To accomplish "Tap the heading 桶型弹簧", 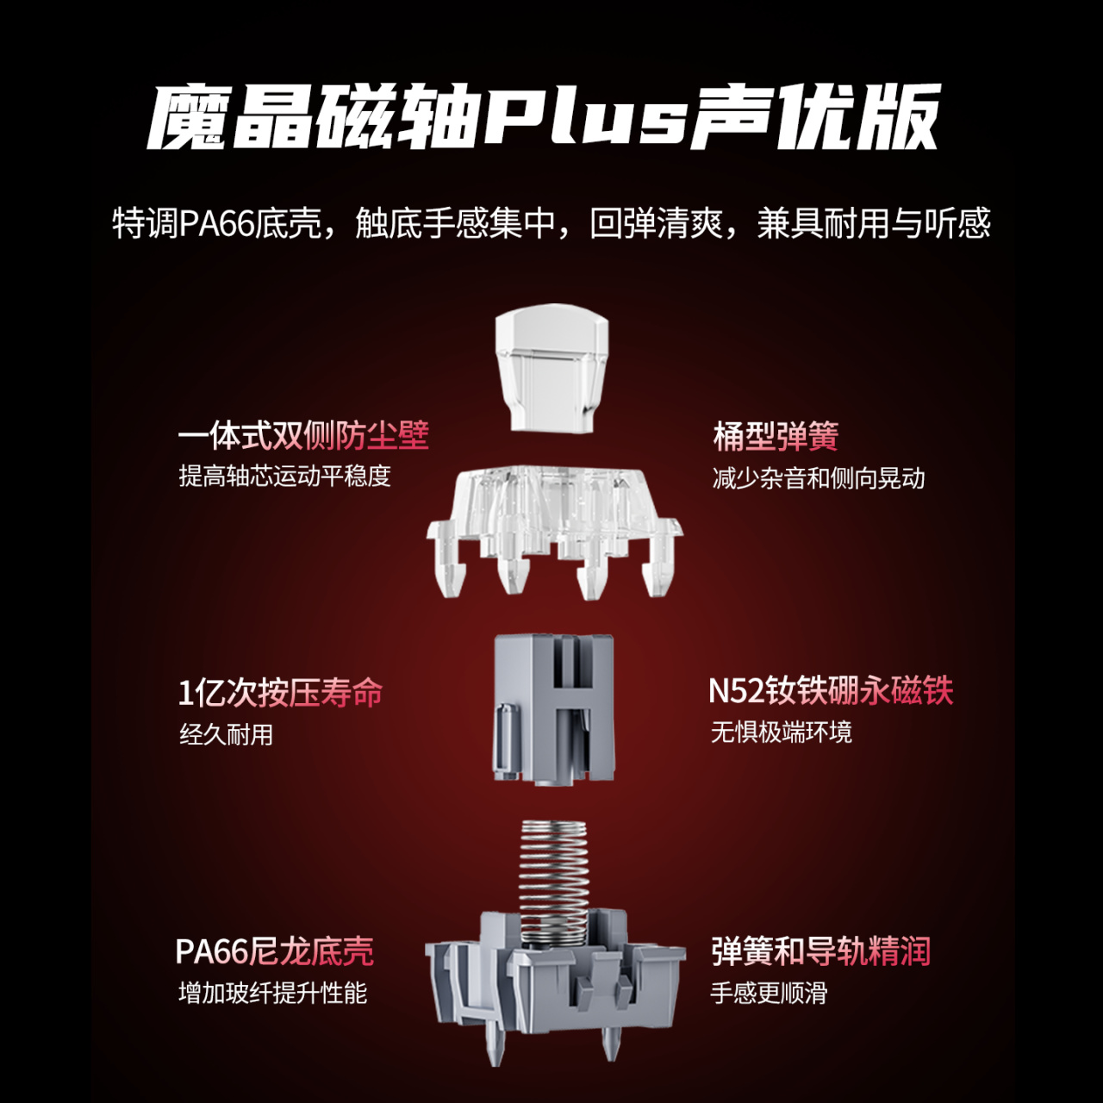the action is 776,436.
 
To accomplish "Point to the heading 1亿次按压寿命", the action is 280,693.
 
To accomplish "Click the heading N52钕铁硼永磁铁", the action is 831,691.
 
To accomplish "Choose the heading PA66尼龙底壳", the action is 275,952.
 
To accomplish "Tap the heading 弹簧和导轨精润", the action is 821,951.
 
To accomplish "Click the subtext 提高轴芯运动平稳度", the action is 284,477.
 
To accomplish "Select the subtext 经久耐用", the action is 226,734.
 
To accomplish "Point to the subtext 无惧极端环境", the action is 782,732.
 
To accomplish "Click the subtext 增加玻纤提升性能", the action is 272,993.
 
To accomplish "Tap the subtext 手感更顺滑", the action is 769,993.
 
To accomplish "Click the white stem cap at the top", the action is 551,367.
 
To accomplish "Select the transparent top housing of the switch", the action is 554,529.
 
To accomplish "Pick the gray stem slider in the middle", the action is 554,709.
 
